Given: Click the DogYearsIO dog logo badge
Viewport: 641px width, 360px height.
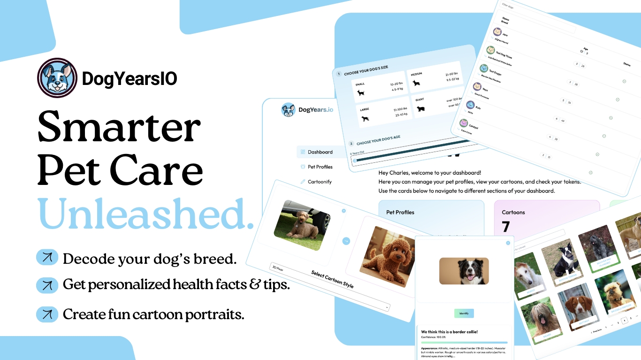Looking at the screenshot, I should pyautogui.click(x=57, y=78).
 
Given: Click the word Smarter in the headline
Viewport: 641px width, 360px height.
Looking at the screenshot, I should pyautogui.click(x=119, y=128).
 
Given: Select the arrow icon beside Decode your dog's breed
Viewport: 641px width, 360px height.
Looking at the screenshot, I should pyautogui.click(x=47, y=258).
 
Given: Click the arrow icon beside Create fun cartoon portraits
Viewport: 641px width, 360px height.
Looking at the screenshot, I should pyautogui.click(x=47, y=314).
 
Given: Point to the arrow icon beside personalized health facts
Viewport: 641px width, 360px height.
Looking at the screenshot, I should pyautogui.click(x=47, y=285).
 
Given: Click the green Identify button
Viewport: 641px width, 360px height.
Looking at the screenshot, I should pyautogui.click(x=464, y=313).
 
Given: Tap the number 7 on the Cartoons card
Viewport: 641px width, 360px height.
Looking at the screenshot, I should pyautogui.click(x=506, y=227).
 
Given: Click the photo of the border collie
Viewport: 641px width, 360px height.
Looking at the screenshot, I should pyautogui.click(x=464, y=271).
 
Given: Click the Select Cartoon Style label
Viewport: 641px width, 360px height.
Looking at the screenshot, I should pyautogui.click(x=332, y=280).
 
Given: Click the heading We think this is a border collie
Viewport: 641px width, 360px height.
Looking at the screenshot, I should pyautogui.click(x=449, y=332).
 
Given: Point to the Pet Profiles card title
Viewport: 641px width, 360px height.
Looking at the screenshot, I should pyautogui.click(x=400, y=212).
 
